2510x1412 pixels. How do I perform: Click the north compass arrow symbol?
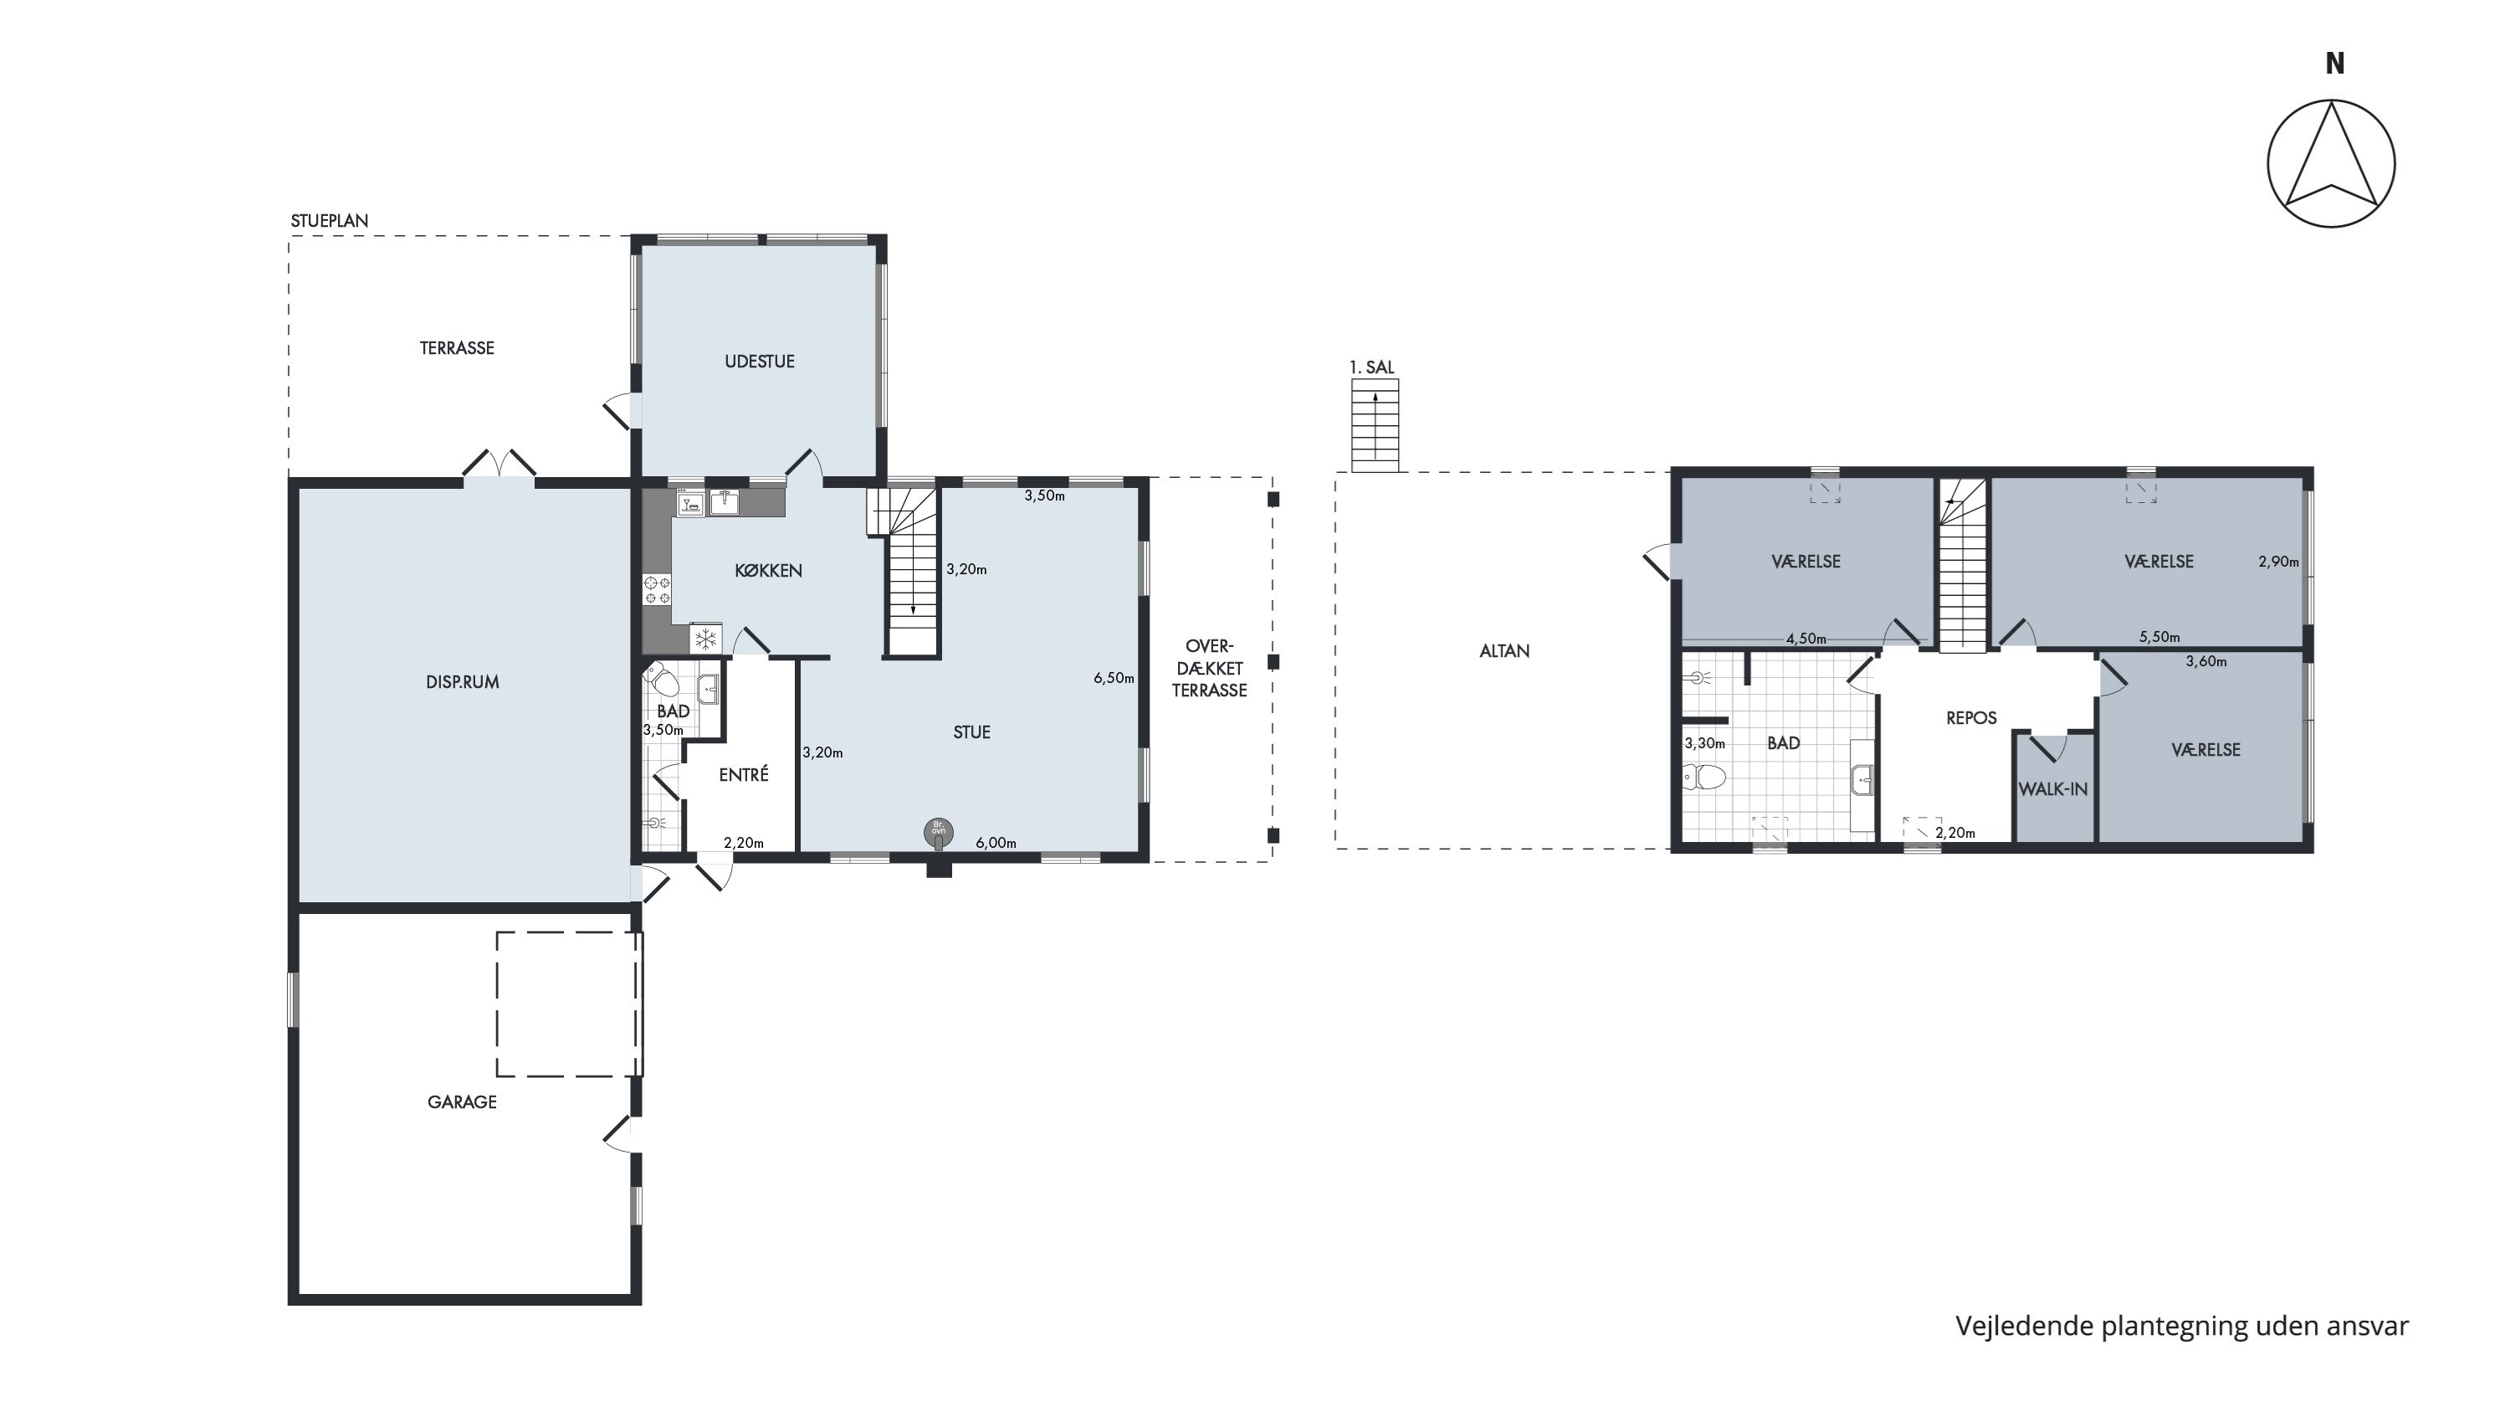click(2331, 164)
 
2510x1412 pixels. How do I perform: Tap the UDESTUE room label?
click(759, 362)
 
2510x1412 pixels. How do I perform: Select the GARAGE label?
click(462, 1102)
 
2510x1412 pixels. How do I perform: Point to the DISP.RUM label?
click(462, 682)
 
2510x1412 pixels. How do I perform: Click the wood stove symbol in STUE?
click(939, 833)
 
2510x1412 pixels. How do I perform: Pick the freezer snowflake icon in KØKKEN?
click(705, 639)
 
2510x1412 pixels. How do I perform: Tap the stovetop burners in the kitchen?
click(658, 589)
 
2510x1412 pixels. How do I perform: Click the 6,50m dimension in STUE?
click(1114, 678)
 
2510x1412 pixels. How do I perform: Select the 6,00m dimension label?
click(996, 843)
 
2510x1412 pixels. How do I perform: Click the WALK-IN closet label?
click(2053, 789)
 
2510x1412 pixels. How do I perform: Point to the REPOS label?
click(1971, 718)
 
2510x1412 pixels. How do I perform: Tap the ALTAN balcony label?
click(1504, 651)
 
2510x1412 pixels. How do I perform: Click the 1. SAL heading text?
click(1372, 367)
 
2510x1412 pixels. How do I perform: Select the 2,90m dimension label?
click(2279, 562)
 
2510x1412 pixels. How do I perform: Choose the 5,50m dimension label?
click(2159, 637)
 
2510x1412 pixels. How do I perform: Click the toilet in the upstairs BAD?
click(1704, 778)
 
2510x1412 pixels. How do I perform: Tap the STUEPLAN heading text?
click(330, 221)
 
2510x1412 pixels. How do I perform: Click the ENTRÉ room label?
click(744, 775)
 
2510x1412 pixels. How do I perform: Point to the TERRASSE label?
click(457, 348)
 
